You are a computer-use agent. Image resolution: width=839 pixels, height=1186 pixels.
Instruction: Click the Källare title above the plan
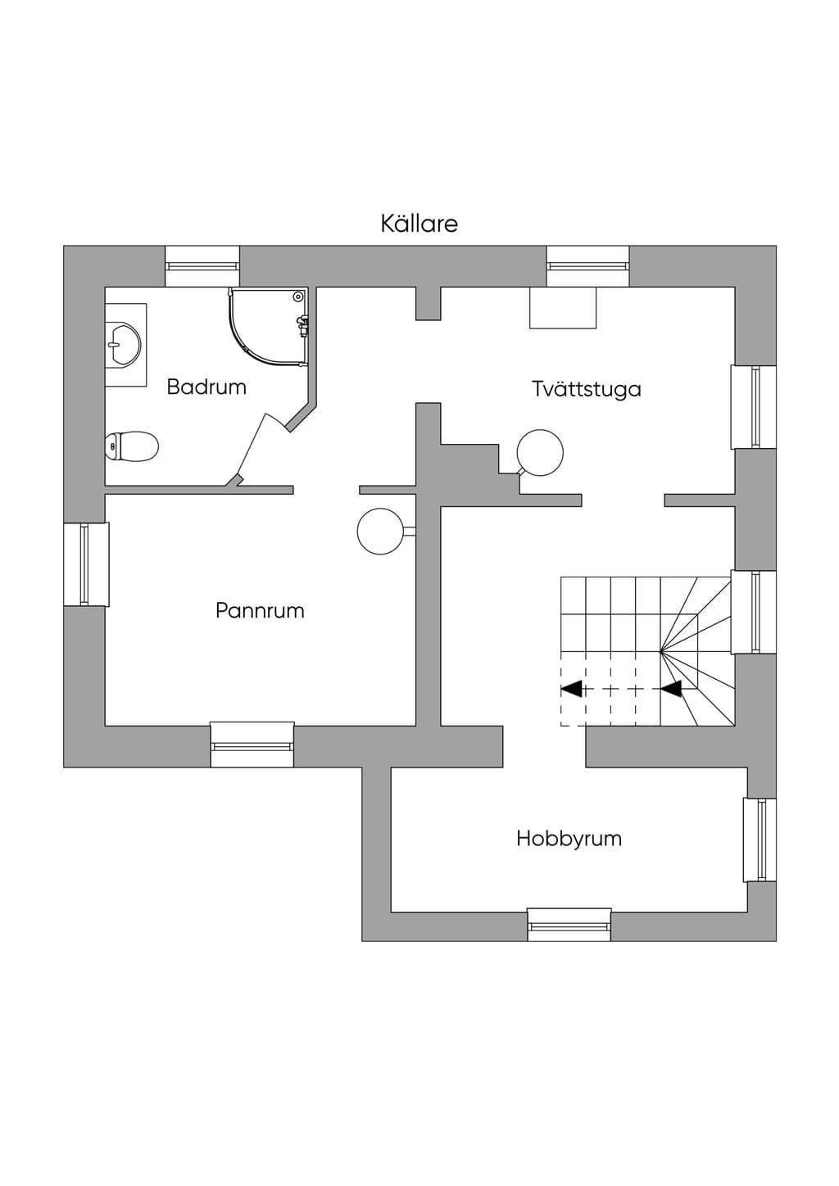(x=419, y=224)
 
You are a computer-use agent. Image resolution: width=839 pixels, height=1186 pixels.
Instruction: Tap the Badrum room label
(x=206, y=387)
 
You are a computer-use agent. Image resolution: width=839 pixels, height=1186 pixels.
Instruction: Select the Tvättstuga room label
(x=587, y=389)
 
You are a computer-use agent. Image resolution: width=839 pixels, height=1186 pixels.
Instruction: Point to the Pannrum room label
(x=260, y=610)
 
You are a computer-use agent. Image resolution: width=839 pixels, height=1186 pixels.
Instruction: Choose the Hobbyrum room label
(x=569, y=839)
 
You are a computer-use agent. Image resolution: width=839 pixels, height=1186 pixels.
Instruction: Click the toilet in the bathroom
(x=132, y=446)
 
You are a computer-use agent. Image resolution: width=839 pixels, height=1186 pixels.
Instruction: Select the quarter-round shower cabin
(x=268, y=327)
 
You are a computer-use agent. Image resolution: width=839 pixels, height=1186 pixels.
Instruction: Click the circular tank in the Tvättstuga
(x=540, y=453)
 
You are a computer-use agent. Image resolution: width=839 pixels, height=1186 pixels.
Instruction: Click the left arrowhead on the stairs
(x=572, y=689)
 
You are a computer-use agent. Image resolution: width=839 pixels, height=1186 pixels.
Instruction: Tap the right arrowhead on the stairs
(x=671, y=689)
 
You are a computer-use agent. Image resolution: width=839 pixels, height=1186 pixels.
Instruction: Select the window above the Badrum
(x=202, y=266)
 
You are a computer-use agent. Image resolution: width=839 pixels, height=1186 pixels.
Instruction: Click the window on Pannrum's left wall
(x=86, y=564)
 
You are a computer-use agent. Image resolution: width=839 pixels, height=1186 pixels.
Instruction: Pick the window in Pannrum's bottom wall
(x=252, y=745)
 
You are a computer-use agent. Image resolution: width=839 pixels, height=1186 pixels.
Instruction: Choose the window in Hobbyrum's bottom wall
(x=569, y=925)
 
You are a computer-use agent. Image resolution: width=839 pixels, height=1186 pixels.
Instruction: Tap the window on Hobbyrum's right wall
(x=760, y=840)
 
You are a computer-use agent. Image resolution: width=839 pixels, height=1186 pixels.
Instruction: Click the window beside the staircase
(x=754, y=612)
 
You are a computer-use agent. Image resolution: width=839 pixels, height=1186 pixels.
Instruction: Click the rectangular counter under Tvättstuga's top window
(x=563, y=308)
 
